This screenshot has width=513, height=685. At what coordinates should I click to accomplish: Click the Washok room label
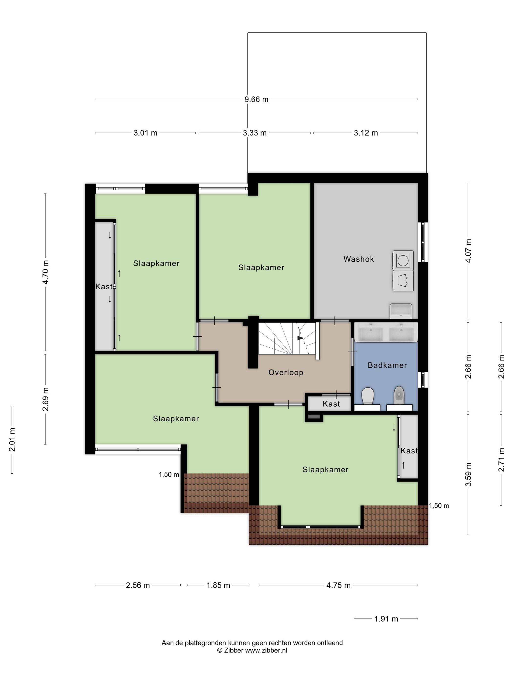click(359, 259)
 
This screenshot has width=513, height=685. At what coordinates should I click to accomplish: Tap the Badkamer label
click(387, 365)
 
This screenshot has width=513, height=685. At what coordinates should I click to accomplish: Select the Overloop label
click(286, 372)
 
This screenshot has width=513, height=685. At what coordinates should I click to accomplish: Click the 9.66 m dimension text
click(256, 99)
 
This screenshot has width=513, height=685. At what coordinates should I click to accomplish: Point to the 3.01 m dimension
click(145, 133)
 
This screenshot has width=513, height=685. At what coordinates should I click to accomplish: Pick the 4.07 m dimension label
click(469, 251)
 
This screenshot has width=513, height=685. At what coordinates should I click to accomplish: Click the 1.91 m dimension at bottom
click(386, 619)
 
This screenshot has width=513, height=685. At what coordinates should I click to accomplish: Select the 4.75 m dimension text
click(339, 585)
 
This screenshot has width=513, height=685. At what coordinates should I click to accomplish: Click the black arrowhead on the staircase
click(300, 338)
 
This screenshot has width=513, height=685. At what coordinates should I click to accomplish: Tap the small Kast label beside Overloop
click(331, 404)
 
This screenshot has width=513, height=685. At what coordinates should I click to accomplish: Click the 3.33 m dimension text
click(255, 133)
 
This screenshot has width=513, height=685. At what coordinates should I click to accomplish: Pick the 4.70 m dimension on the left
click(46, 272)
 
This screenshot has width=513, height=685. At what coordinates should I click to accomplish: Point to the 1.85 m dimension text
click(218, 585)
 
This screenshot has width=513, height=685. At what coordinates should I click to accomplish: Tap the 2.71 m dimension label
click(502, 460)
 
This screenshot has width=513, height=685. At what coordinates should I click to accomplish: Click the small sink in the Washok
click(401, 311)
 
